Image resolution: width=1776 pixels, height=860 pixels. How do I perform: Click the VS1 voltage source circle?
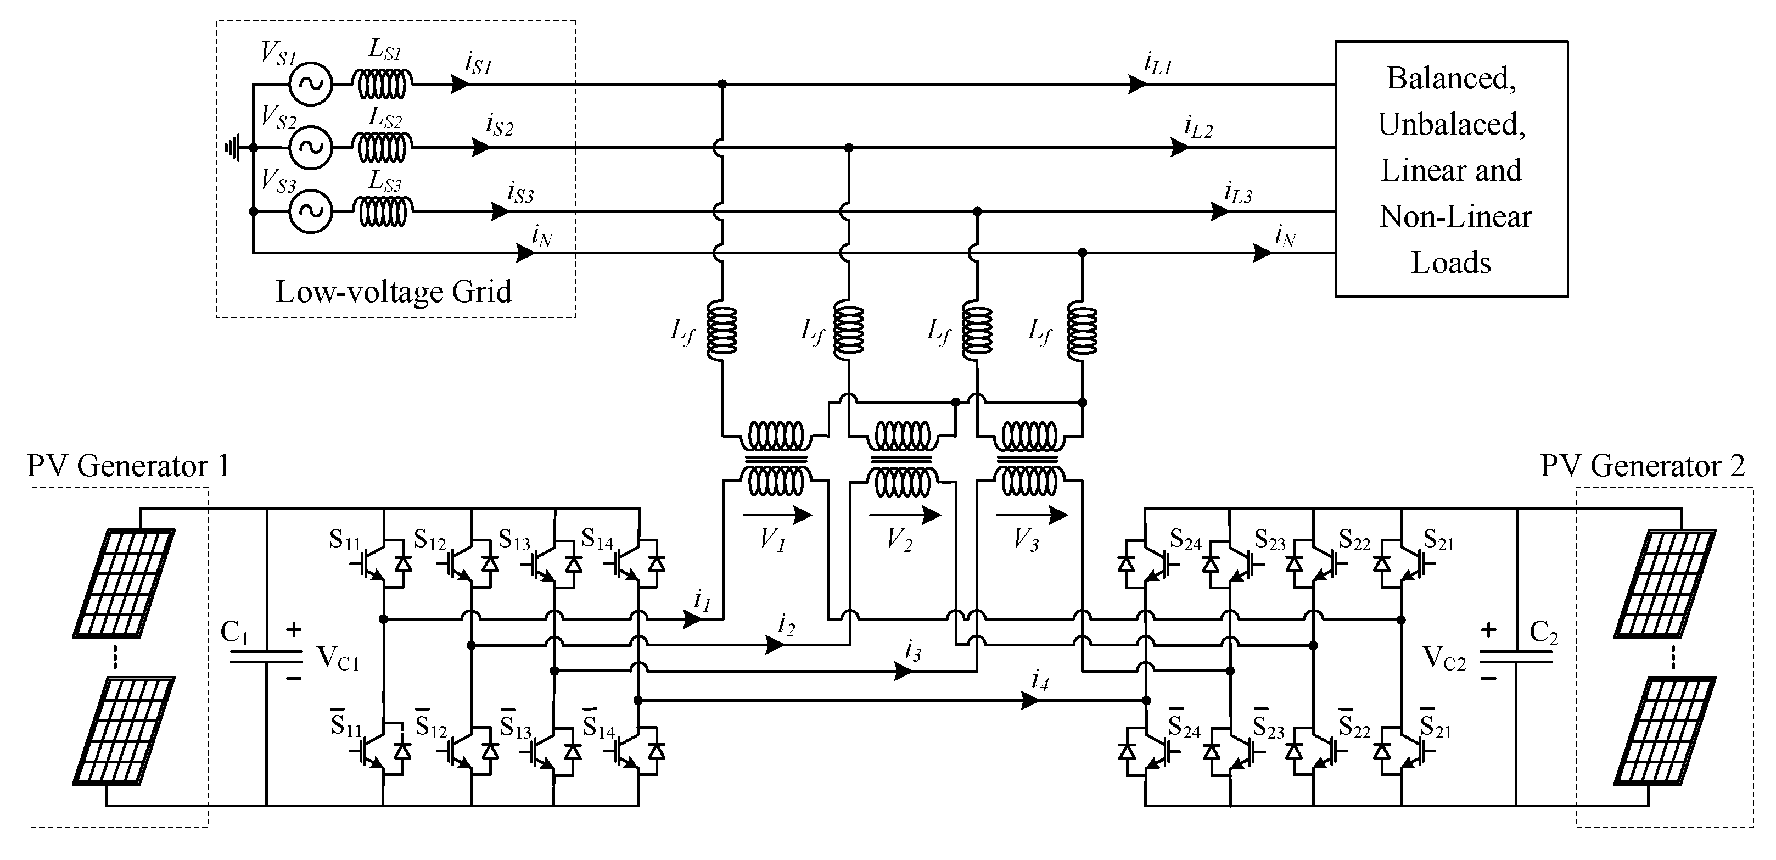310,84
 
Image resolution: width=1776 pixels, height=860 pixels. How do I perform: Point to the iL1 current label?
1158,64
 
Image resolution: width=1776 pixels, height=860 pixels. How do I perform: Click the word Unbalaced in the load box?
1452,125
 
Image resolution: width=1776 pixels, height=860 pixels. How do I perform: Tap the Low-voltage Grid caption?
394,292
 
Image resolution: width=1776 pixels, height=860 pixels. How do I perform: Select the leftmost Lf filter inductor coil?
722,331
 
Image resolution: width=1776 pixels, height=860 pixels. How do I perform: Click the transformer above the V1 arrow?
776,459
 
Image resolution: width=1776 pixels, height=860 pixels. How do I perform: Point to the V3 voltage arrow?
1032,515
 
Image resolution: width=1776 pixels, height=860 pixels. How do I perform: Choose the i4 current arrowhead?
1030,701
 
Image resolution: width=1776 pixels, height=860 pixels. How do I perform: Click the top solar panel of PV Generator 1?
124,583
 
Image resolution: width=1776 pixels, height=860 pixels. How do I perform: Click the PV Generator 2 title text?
1641,467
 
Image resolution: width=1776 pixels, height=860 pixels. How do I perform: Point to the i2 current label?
786,625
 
